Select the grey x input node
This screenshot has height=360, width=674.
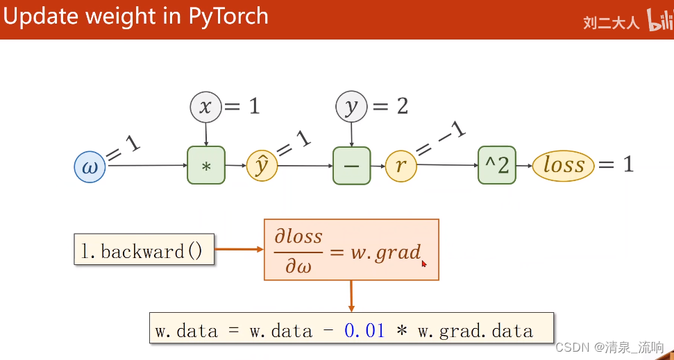205,107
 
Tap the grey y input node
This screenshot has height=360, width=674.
351,107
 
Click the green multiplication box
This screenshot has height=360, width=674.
206,165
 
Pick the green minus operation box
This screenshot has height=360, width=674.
351,165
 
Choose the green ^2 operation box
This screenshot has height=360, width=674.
497,165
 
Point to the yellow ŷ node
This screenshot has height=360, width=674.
262,166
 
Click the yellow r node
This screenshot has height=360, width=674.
401,166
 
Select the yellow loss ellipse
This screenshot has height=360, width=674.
564,166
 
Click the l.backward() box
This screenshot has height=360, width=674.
144,250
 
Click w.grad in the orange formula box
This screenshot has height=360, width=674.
385,251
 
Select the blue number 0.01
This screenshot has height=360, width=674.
364,331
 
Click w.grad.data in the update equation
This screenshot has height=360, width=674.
475,331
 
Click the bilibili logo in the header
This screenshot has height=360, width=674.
660,21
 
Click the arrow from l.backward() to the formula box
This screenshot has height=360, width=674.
238,249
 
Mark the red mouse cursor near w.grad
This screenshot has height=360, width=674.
423,263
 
